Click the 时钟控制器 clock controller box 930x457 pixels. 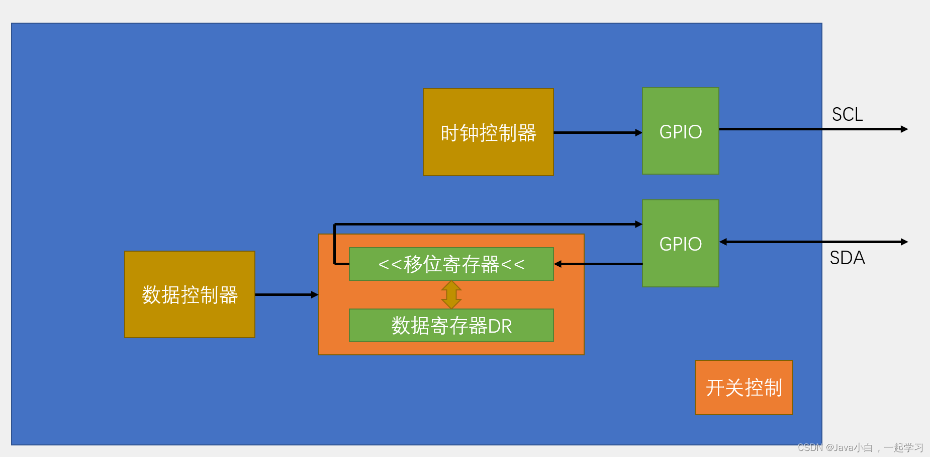[x=488, y=132]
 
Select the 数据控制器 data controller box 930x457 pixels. [x=190, y=294]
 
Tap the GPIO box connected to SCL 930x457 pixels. [x=680, y=131]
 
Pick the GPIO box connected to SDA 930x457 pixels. [x=680, y=244]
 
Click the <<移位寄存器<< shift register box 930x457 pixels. [x=451, y=264]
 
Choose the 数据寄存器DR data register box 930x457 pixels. [x=451, y=326]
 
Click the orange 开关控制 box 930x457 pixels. [x=743, y=388]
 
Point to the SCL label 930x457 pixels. [x=847, y=114]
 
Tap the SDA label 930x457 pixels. [x=847, y=258]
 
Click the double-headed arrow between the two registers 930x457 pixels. [x=451, y=294]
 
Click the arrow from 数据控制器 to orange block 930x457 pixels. [x=287, y=294]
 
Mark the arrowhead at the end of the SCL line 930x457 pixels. [x=904, y=129]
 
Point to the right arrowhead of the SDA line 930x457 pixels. [x=904, y=242]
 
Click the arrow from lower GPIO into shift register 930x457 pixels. [x=598, y=264]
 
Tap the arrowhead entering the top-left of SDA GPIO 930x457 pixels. [x=639, y=224]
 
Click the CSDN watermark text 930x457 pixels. [x=809, y=447]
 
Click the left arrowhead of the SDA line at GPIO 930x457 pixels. [x=723, y=242]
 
